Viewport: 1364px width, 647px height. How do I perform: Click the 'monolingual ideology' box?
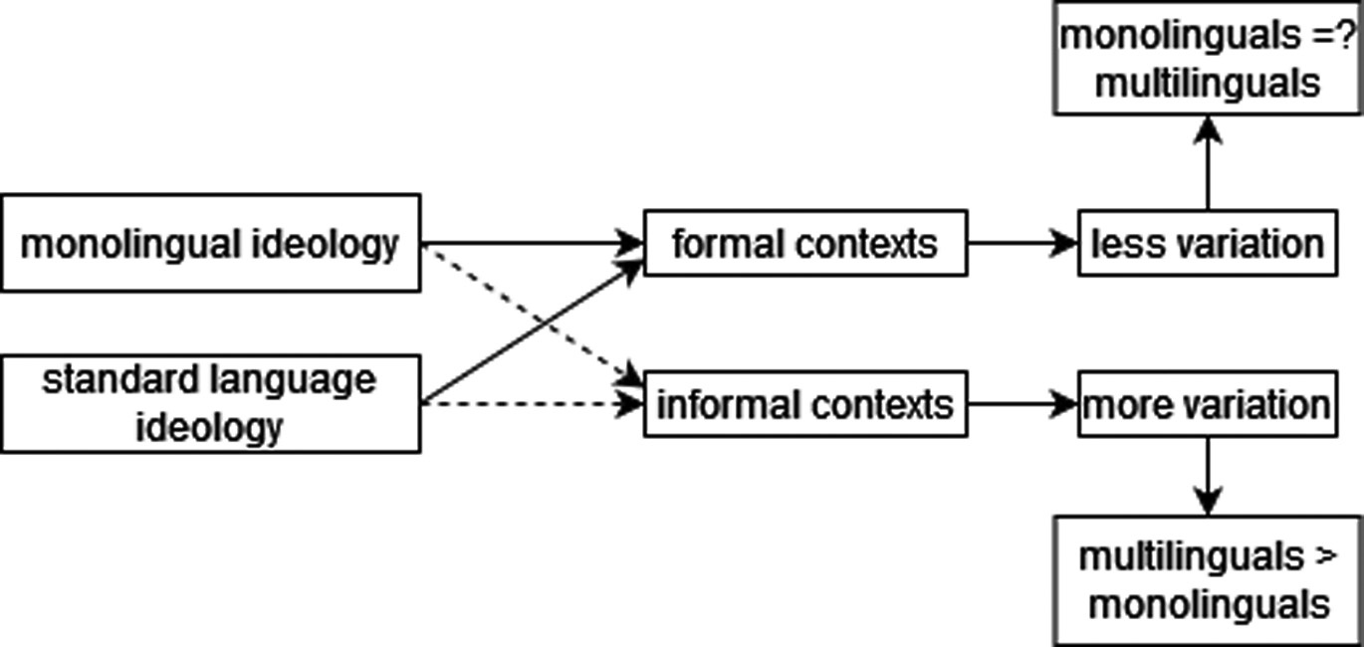pos(210,243)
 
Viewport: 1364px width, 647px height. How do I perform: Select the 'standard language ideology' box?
pos(210,403)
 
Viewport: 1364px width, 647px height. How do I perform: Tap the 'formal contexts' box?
pos(805,243)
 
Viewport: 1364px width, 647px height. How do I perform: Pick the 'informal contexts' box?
pos(805,405)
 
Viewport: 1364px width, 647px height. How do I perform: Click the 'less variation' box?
pos(1208,243)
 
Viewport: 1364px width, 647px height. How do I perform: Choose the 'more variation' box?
pos(1208,405)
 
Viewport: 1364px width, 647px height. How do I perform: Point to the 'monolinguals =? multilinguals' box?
pos(1208,59)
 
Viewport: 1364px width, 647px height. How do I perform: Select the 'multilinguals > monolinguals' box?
pos(1208,580)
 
